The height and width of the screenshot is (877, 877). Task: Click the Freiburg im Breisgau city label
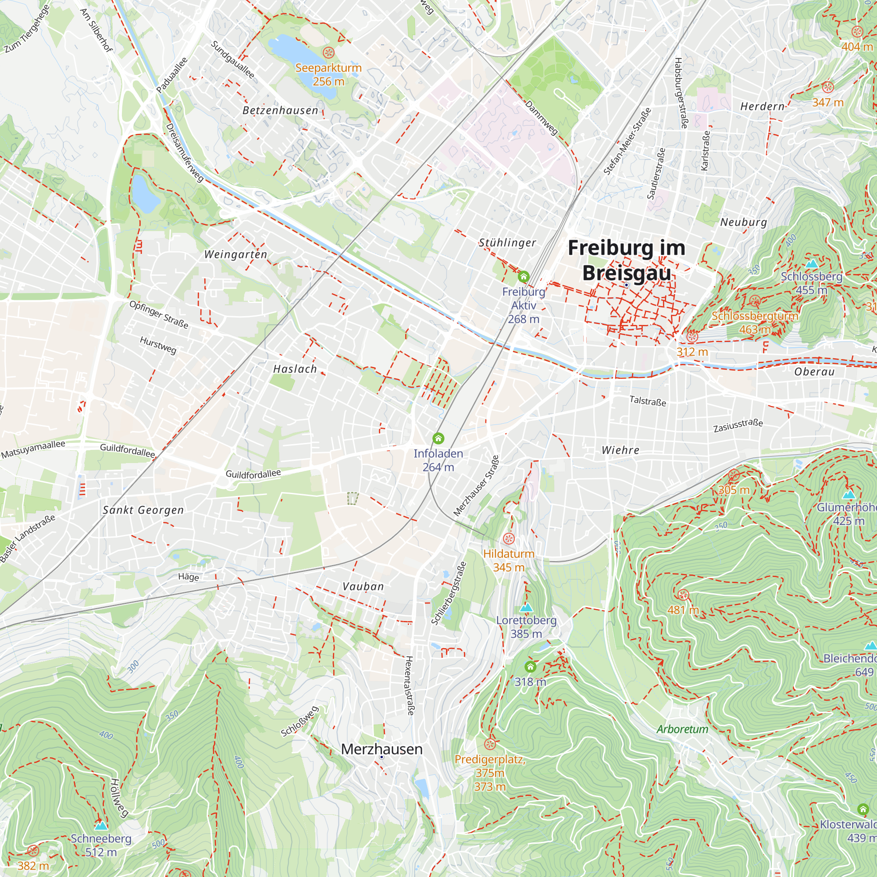click(627, 260)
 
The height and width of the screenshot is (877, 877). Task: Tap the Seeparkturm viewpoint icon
click(328, 53)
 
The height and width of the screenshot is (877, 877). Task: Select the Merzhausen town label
click(381, 749)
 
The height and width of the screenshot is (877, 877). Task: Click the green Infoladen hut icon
click(438, 438)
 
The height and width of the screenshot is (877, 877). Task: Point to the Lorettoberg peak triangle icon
click(526, 607)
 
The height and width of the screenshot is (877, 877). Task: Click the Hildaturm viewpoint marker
click(509, 539)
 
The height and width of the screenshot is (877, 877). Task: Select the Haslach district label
click(295, 369)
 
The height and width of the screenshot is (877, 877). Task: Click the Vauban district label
click(363, 586)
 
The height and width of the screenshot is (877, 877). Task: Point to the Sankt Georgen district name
click(143, 510)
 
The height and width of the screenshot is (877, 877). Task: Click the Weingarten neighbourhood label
click(235, 254)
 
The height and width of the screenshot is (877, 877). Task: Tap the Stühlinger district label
click(507, 243)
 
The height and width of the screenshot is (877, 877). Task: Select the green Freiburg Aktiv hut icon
click(524, 276)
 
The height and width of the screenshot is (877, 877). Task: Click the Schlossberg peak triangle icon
click(811, 263)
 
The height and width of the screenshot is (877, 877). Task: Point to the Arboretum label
click(682, 730)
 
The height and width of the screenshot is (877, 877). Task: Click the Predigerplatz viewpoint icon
click(489, 744)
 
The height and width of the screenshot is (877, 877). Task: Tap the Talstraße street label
click(648, 401)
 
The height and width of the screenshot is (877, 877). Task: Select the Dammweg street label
click(542, 118)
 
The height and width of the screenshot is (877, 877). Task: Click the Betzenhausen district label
click(280, 111)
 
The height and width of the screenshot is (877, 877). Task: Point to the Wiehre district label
click(620, 450)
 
